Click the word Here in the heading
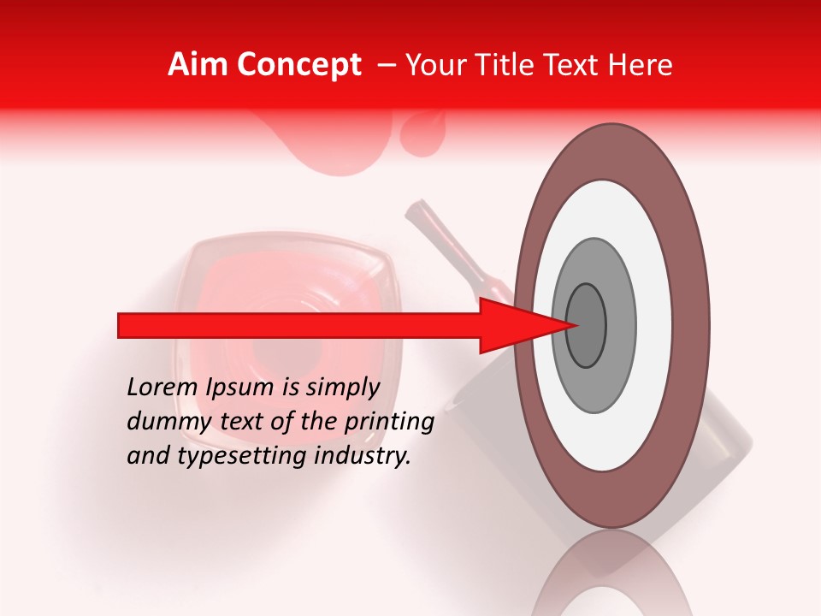641,65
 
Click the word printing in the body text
390,423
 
